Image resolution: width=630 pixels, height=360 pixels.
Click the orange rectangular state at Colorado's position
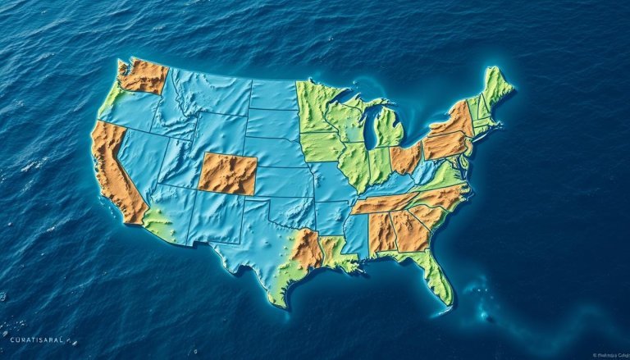(227, 173)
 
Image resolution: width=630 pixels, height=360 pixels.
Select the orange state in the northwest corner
(144, 76)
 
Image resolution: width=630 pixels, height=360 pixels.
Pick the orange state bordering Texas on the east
(307, 249)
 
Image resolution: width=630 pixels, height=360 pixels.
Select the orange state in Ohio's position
(406, 157)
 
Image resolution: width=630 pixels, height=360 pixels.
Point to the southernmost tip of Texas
(279, 303)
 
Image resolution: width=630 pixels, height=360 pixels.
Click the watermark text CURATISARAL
(36, 339)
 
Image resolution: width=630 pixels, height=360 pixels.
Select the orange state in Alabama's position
(381, 232)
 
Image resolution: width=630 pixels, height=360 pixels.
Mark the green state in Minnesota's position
(316, 107)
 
